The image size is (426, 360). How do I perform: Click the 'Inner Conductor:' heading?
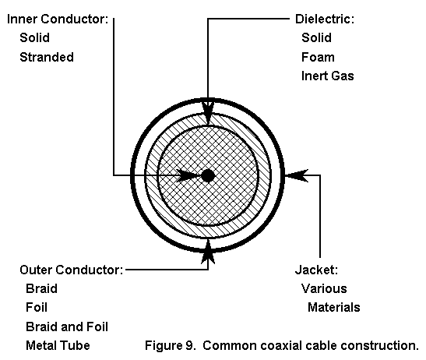(x=58, y=19)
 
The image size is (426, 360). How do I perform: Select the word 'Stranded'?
(x=47, y=57)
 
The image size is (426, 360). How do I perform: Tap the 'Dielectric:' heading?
(x=325, y=19)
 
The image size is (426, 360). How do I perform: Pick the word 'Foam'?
(x=318, y=57)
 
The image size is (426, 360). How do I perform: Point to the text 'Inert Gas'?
(x=328, y=76)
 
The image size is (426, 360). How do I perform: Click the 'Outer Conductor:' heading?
(x=72, y=270)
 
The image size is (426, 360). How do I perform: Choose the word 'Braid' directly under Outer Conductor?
(x=41, y=288)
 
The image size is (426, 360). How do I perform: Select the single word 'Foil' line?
(x=37, y=307)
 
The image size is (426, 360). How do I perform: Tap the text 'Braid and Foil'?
(x=67, y=326)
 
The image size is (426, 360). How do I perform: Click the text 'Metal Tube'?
(x=58, y=346)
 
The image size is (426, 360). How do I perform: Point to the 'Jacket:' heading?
(x=316, y=270)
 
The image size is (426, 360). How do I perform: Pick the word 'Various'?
(x=324, y=288)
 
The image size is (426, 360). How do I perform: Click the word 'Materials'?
(x=334, y=307)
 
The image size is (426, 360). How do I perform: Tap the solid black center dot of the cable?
(x=208, y=175)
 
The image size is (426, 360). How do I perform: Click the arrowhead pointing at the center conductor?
(x=188, y=175)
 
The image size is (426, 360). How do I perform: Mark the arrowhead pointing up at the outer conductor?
(x=208, y=252)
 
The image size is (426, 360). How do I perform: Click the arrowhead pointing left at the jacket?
(x=297, y=175)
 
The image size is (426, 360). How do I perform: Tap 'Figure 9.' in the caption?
(x=171, y=346)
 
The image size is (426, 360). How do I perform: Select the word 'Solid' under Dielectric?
(x=316, y=38)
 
